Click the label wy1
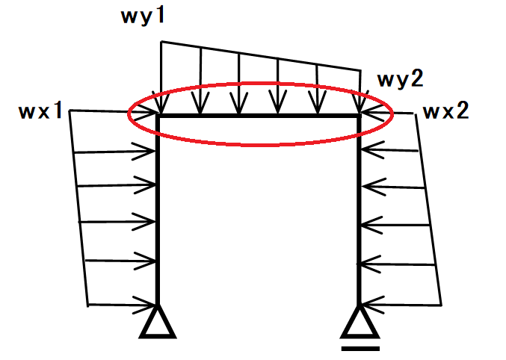142,16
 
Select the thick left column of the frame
158,217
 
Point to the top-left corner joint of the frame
159,116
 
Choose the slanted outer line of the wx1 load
79,209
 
